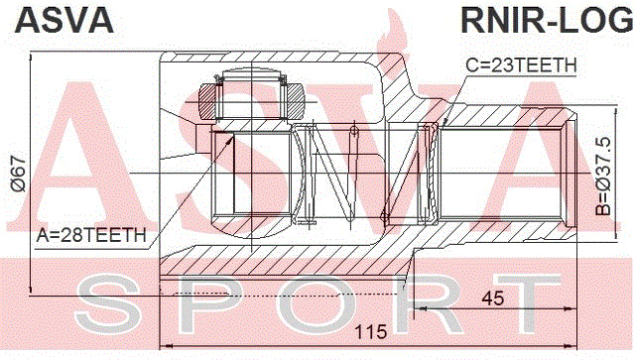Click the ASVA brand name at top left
[x=63, y=20]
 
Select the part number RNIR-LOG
[x=547, y=20]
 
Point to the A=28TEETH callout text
[x=91, y=235]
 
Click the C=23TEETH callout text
[x=521, y=65]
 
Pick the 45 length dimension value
[x=493, y=299]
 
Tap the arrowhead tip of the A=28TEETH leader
[x=234, y=136]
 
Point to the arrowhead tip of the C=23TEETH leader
[x=444, y=124]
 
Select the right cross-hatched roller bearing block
[x=295, y=101]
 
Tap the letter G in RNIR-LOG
[x=619, y=20]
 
